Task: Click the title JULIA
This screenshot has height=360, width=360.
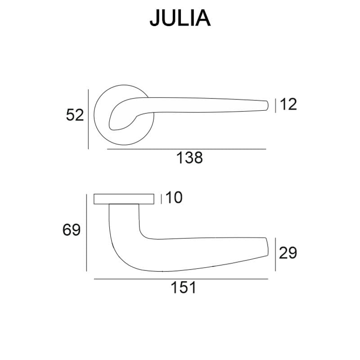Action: pos(180,18)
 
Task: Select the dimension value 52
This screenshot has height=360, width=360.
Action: pos(75,115)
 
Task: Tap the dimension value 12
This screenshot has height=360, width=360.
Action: pos(288,104)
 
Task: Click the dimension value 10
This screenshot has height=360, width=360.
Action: pos(174,198)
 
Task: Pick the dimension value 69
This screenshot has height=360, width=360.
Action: pos(72,230)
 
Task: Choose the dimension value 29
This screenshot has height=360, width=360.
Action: pos(288,253)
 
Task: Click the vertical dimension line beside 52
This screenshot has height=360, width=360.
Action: pos(89,119)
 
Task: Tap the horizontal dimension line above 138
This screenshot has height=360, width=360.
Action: pos(186,149)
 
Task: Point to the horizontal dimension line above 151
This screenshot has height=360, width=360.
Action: pos(181,279)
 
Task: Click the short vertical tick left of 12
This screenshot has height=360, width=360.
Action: pos(275,105)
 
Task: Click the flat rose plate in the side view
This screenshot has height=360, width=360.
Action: pos(124,199)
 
